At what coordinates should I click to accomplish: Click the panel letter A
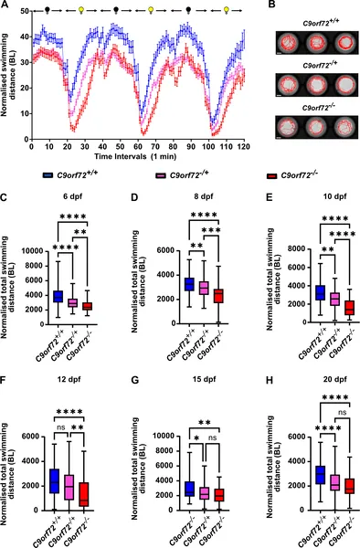click(x=5, y=5)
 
